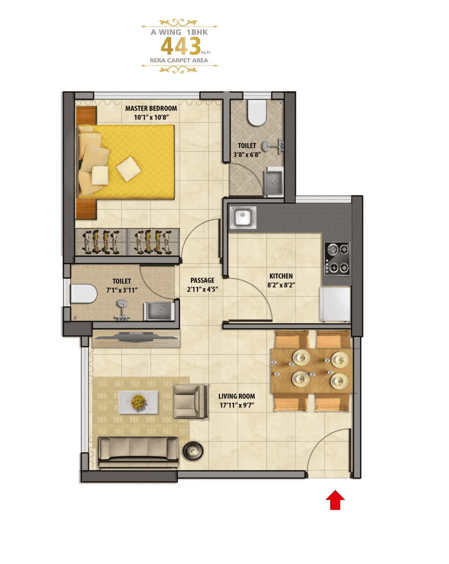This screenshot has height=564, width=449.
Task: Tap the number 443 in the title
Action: click(x=180, y=46)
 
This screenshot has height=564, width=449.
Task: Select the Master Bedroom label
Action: click(x=151, y=109)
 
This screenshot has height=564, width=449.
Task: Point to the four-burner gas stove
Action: click(x=337, y=259)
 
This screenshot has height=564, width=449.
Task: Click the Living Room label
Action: click(x=236, y=396)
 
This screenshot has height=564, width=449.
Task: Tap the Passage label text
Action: click(x=202, y=280)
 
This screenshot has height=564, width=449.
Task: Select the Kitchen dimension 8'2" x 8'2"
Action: click(x=281, y=285)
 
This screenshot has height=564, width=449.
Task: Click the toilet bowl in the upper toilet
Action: click(x=256, y=113)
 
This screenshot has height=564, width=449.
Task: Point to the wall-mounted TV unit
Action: click(x=136, y=338)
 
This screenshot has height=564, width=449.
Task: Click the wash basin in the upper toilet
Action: click(x=273, y=181)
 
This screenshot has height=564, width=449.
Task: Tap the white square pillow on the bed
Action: click(x=128, y=169)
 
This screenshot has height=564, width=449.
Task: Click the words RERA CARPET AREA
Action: click(x=179, y=60)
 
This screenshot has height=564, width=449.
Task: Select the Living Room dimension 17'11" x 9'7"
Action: click(x=236, y=405)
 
